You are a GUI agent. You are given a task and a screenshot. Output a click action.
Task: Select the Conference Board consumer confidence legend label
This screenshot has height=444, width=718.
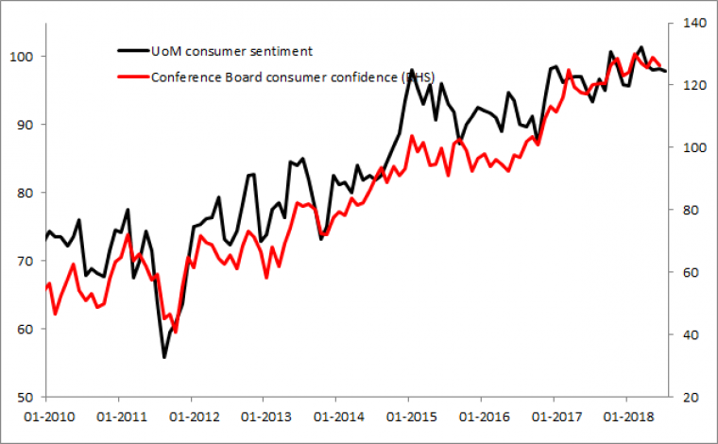point(293,77)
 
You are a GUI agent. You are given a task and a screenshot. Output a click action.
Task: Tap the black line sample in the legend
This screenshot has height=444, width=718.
point(131,50)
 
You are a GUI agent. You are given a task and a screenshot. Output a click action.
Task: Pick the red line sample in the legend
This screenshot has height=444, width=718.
point(131,77)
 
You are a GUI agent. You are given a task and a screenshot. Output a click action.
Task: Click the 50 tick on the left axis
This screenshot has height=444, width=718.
point(27,398)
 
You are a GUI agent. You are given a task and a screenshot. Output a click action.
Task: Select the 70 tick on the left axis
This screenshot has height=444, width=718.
point(27,261)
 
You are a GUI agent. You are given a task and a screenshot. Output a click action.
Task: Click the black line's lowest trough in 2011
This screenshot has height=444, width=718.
point(164,357)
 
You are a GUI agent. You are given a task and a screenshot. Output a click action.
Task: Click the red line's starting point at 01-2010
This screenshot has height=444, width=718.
point(46,287)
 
